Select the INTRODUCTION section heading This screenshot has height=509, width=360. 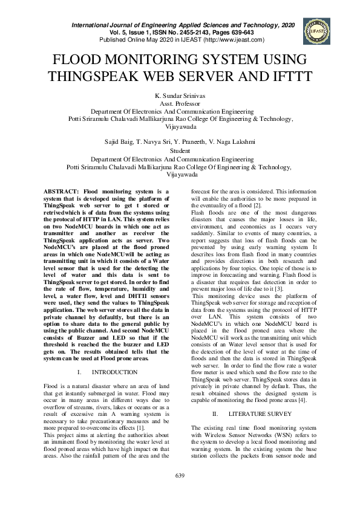pyautogui.click(x=119, y=372)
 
